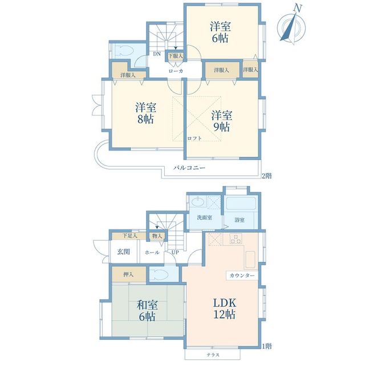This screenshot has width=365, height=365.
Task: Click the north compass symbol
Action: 291,27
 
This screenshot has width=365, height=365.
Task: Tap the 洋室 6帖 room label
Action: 220,32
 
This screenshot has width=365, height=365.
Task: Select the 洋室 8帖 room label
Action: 145,113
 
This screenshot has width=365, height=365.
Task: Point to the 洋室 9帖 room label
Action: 221,121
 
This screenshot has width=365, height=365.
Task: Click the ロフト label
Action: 194,138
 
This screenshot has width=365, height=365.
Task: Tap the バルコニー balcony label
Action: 189,168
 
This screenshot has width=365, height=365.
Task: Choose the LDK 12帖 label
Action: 225,309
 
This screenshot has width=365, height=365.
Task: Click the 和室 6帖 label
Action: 147,310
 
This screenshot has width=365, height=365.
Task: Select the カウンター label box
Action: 242,275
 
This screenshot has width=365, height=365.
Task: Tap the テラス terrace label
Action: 213,355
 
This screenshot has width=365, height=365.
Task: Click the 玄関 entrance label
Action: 123,252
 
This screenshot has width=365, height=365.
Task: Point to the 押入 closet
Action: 129,274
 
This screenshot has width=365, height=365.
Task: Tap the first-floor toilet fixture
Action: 160,274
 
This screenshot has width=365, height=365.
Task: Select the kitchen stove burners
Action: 236,239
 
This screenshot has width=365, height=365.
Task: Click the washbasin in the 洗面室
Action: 198,201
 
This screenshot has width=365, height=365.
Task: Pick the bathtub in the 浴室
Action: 241,203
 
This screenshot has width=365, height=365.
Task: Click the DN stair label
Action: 157,54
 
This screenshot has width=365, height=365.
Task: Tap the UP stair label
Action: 175,252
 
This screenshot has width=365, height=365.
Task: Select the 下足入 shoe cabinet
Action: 129,236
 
